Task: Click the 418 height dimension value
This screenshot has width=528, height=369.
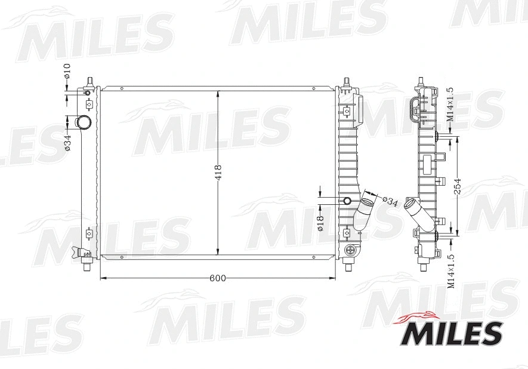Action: tap(218, 173)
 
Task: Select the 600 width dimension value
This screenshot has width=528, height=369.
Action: tap(218, 278)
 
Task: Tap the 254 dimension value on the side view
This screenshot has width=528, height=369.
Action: tap(458, 187)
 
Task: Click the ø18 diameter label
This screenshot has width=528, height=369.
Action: tap(320, 223)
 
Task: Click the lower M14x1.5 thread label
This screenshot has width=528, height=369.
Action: tap(450, 270)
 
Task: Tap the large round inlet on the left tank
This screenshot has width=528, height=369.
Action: tap(83, 123)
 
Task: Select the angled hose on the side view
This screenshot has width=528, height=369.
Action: tap(417, 211)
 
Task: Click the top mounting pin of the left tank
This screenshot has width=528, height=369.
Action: tap(89, 81)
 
